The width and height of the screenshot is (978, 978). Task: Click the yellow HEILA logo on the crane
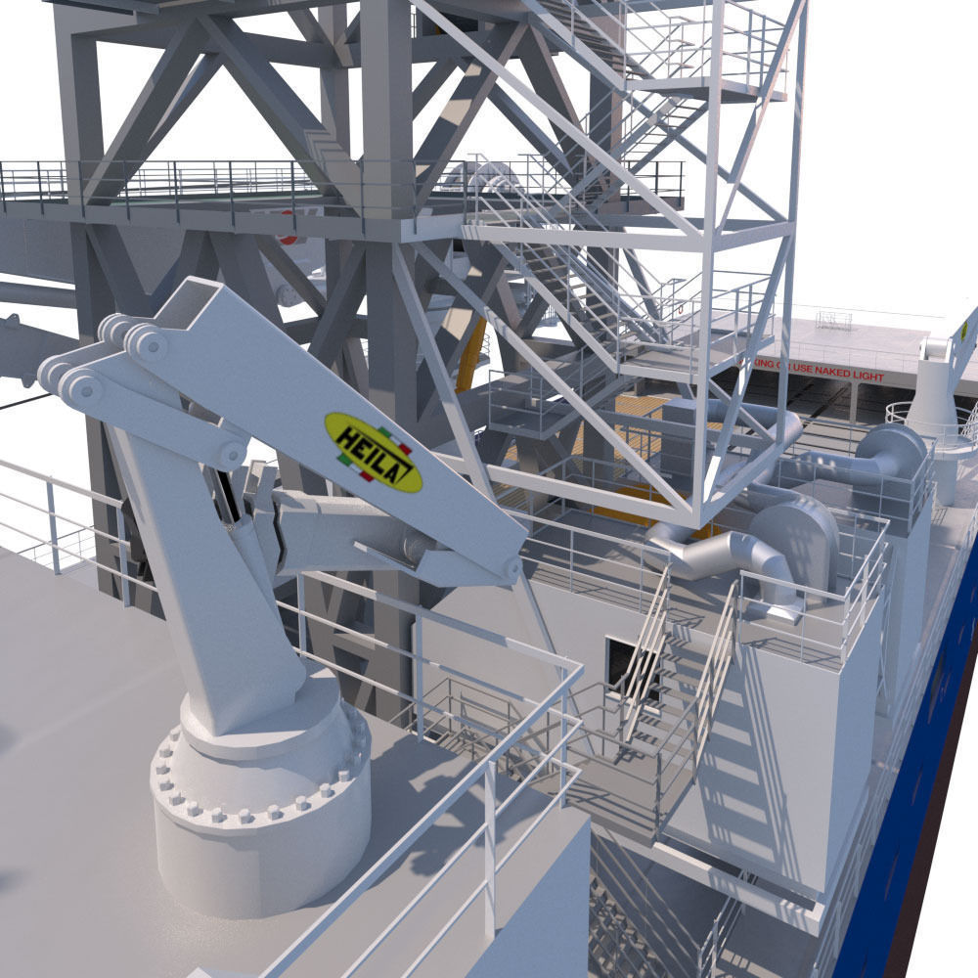(x=373, y=451)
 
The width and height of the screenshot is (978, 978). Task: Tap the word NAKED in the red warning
(x=835, y=377)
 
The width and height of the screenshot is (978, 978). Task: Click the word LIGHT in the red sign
(x=867, y=377)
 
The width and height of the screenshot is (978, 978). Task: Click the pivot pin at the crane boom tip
(x=511, y=568)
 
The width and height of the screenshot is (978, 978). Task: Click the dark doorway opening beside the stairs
(x=619, y=665)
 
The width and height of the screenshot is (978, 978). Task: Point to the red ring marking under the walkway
(x=287, y=235)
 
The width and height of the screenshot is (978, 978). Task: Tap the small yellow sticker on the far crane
(x=963, y=330)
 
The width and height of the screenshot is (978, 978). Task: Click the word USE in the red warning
(x=802, y=376)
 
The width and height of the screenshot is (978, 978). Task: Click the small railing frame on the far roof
(x=832, y=321)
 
